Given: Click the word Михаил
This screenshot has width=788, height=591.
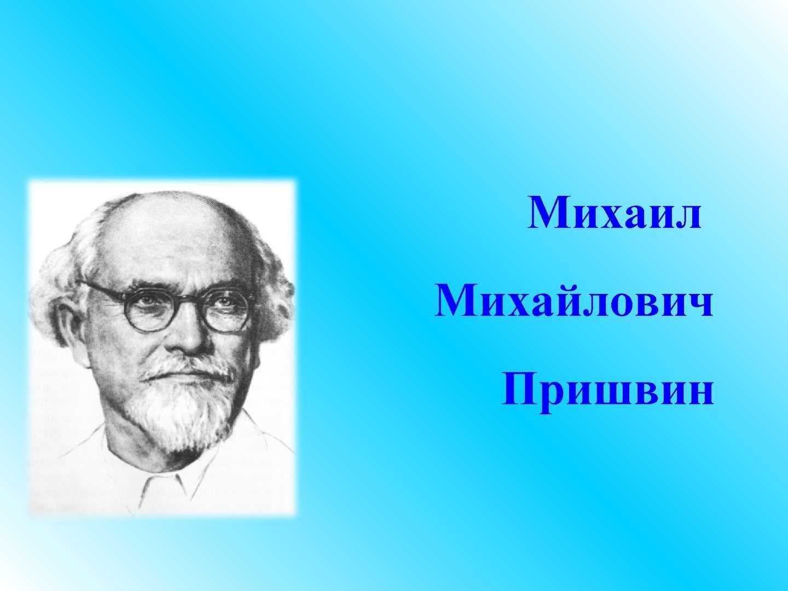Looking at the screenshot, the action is pyautogui.click(x=614, y=213).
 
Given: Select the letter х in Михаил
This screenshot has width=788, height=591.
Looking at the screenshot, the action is pyautogui.click(x=614, y=218).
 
